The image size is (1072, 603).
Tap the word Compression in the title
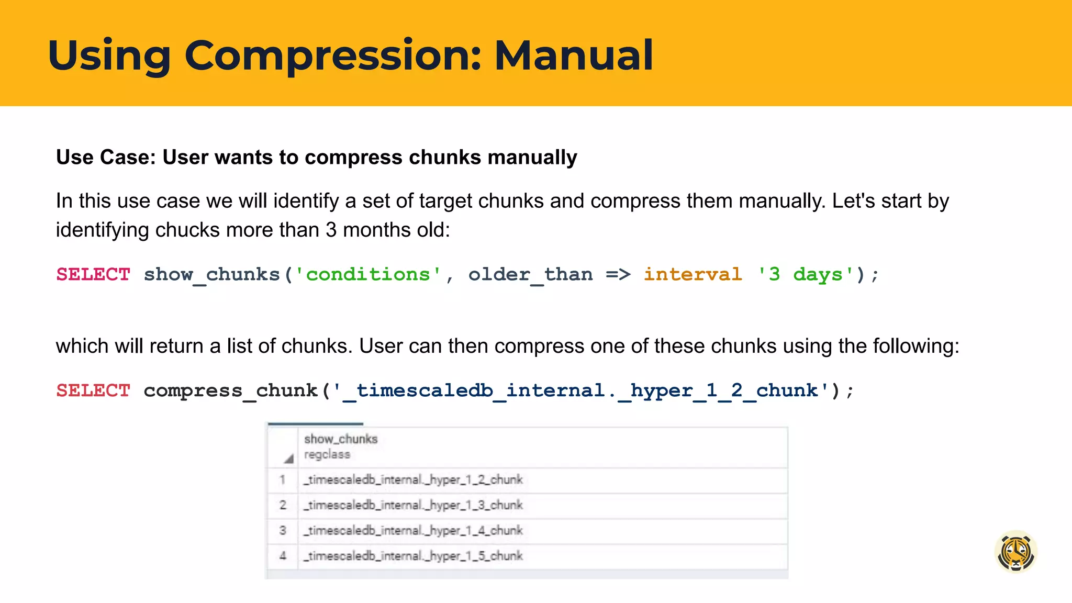[332, 56]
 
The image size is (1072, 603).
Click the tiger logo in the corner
[1015, 552]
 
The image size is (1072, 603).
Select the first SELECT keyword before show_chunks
[93, 274]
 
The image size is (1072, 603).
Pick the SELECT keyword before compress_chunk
[93, 390]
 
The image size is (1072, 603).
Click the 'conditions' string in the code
[368, 274]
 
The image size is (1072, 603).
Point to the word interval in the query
[693, 274]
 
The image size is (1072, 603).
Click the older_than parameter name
[530, 274]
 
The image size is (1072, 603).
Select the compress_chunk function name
[230, 390]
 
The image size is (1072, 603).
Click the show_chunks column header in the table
[341, 439]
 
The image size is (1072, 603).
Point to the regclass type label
[327, 454]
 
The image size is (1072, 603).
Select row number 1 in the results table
[283, 479]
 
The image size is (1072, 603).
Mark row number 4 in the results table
[283, 556]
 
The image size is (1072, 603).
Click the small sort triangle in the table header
[288, 459]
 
